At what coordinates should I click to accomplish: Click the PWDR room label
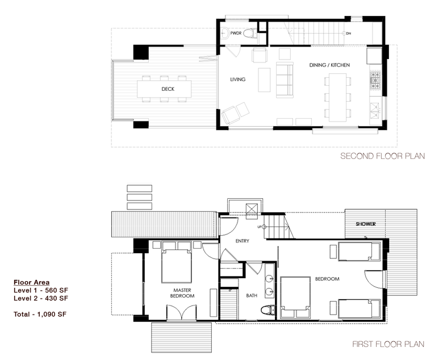tap(236, 34)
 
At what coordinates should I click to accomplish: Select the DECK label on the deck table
tap(168, 89)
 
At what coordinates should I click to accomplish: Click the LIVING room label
tap(237, 79)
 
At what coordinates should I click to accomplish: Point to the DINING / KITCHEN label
tap(329, 65)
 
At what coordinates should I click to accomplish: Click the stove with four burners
tap(375, 80)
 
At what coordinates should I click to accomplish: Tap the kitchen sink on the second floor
tap(375, 110)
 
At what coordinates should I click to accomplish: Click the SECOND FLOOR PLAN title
tap(383, 156)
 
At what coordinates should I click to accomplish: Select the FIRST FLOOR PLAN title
tap(388, 344)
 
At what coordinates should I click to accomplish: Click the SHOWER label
tap(366, 224)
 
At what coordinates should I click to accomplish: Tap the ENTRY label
tap(243, 241)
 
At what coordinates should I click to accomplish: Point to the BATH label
tap(252, 295)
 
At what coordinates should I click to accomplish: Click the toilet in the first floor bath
tap(268, 310)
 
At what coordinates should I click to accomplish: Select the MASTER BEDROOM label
tap(182, 293)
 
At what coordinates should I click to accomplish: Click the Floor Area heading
tap(32, 282)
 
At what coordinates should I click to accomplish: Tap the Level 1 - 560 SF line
tap(41, 290)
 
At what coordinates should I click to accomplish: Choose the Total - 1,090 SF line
tap(40, 314)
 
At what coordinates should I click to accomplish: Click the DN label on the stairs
tap(349, 34)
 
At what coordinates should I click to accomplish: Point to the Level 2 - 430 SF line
tap(41, 298)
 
